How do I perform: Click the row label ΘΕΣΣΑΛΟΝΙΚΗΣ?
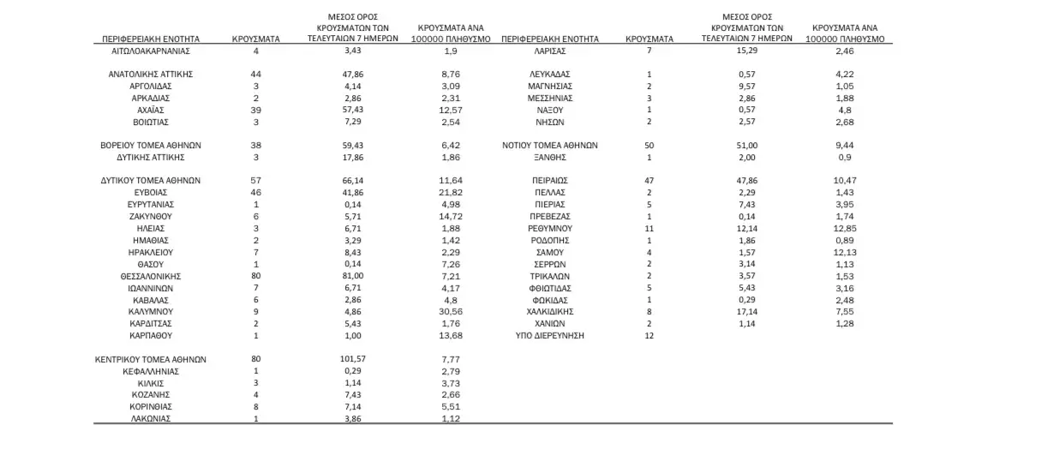[x=150, y=277]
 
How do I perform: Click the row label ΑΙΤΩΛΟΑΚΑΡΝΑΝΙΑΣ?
[x=150, y=51]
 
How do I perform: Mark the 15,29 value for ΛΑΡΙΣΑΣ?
[x=741, y=51]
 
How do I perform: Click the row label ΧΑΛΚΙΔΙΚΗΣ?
[x=549, y=312]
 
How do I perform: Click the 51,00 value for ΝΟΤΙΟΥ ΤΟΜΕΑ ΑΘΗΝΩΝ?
[x=741, y=146]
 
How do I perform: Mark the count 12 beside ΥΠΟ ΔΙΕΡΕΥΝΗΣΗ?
[x=649, y=336]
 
